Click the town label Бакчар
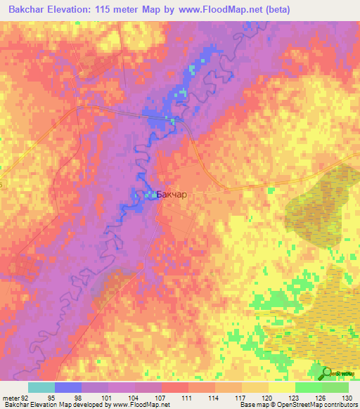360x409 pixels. click(x=172, y=195)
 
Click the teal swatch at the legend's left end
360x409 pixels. click(x=41, y=387)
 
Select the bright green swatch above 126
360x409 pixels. click(x=309, y=387)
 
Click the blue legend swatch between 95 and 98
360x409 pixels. click(x=68, y=387)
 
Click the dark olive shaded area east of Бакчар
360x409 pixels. click(x=320, y=204)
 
